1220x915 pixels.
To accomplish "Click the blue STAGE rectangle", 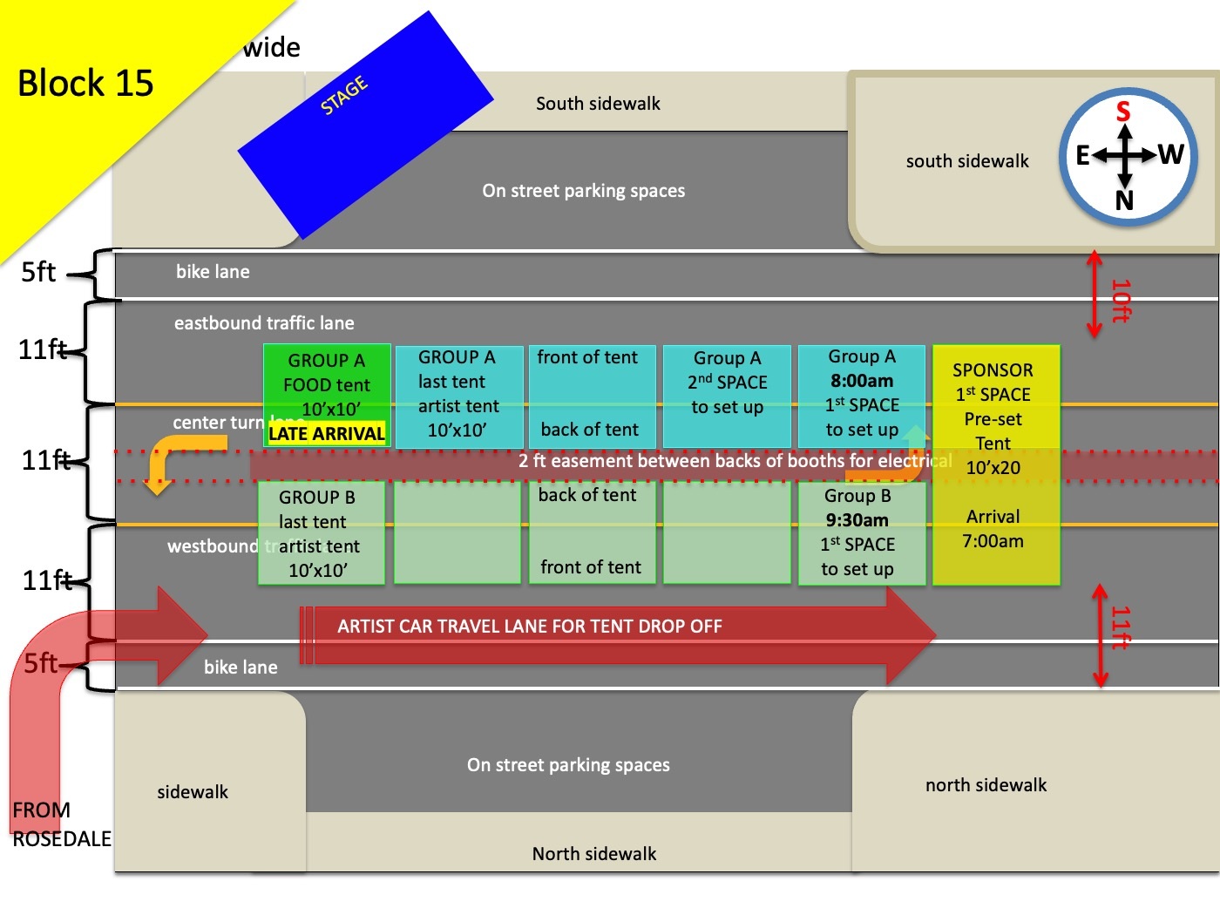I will [366, 126].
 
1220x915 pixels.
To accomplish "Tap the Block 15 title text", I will [85, 84].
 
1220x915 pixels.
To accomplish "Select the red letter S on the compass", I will [1123, 112].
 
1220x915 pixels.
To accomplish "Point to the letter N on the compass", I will [1124, 201].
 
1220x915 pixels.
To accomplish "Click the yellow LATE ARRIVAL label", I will [327, 433].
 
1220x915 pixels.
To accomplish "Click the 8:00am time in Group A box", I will [861, 381].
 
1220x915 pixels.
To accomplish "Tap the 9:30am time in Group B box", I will [857, 520].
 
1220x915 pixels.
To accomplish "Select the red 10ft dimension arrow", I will [1095, 295].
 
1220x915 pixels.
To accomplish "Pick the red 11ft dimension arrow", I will [1101, 634].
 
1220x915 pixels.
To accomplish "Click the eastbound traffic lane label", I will [264, 323].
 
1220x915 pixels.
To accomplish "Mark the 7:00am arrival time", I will [993, 541].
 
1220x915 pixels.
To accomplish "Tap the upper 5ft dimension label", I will [38, 273].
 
